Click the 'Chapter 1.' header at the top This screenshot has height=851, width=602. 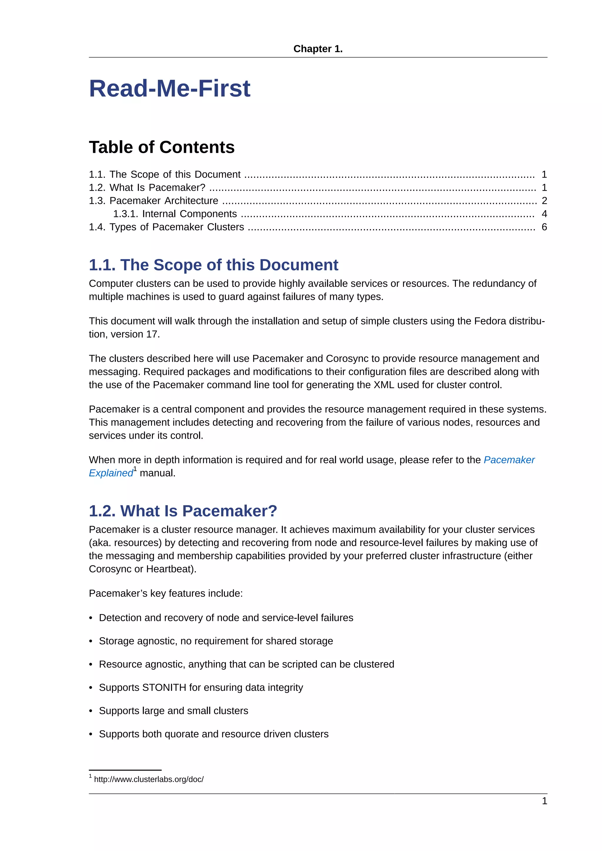pyautogui.click(x=318, y=49)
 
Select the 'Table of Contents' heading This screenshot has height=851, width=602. pyautogui.click(x=162, y=147)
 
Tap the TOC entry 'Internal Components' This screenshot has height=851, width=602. pyautogui.click(x=189, y=214)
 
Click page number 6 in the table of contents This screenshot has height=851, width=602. pyautogui.click(x=544, y=227)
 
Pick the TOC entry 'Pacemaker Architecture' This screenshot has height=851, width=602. pyautogui.click(x=163, y=200)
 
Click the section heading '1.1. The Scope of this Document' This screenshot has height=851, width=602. pyautogui.click(x=213, y=265)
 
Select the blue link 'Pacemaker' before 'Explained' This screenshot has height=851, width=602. pyautogui.click(x=509, y=460)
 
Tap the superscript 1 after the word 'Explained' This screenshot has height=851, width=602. pyautogui.click(x=135, y=469)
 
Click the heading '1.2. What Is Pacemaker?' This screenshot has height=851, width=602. pyautogui.click(x=183, y=511)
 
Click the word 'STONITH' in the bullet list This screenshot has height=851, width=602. pyautogui.click(x=164, y=688)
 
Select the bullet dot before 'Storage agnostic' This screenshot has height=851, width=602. pyautogui.click(x=91, y=641)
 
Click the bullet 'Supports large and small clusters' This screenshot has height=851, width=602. pyautogui.click(x=173, y=711)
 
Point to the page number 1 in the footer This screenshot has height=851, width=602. pyautogui.click(x=544, y=801)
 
